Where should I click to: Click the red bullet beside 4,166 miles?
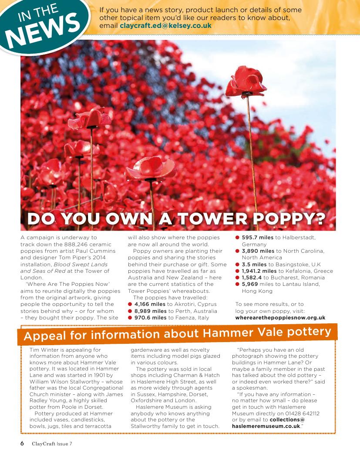pyautogui.click(x=130, y=304)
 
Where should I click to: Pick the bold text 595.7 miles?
pyautogui.click(x=258, y=237)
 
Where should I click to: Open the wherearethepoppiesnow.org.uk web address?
pyautogui.click(x=280, y=318)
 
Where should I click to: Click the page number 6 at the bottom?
pyautogui.click(x=22, y=444)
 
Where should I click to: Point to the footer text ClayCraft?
pyautogui.click(x=43, y=444)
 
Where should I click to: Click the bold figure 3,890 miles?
pyautogui.click(x=258, y=251)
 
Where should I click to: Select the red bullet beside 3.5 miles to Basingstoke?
pyautogui.click(x=238, y=265)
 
